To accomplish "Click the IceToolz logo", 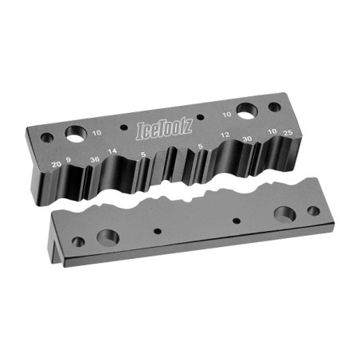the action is (x=164, y=129).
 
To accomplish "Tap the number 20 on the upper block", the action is (x=56, y=164).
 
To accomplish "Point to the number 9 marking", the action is (x=68, y=160).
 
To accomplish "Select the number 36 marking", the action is (x=95, y=159).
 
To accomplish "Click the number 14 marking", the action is (x=112, y=151).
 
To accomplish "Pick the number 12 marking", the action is (x=225, y=135).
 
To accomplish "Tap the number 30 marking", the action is (x=247, y=139).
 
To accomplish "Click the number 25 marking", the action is (x=288, y=133).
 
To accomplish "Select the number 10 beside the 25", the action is (x=272, y=131).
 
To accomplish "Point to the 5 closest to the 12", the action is (x=200, y=146).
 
